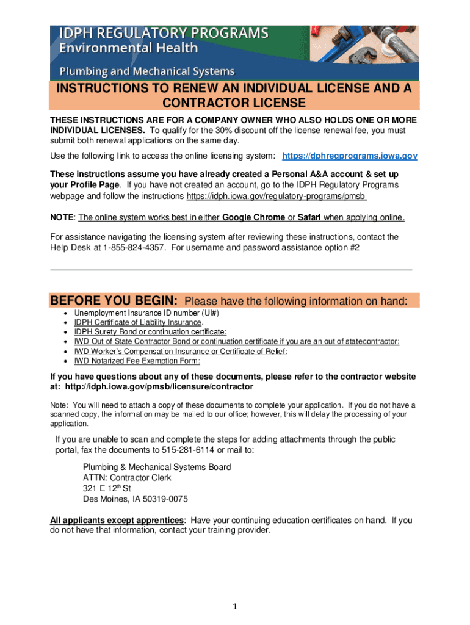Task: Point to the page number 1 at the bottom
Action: tap(235, 606)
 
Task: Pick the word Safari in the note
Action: tap(309, 217)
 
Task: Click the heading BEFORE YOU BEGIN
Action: tap(114, 301)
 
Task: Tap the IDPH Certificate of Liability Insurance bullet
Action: tap(139, 322)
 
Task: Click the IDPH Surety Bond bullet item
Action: tap(150, 332)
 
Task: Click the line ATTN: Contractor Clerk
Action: tap(127, 478)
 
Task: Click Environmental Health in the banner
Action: tap(128, 48)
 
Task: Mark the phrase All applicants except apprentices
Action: tap(117, 521)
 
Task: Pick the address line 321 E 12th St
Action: tap(107, 488)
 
